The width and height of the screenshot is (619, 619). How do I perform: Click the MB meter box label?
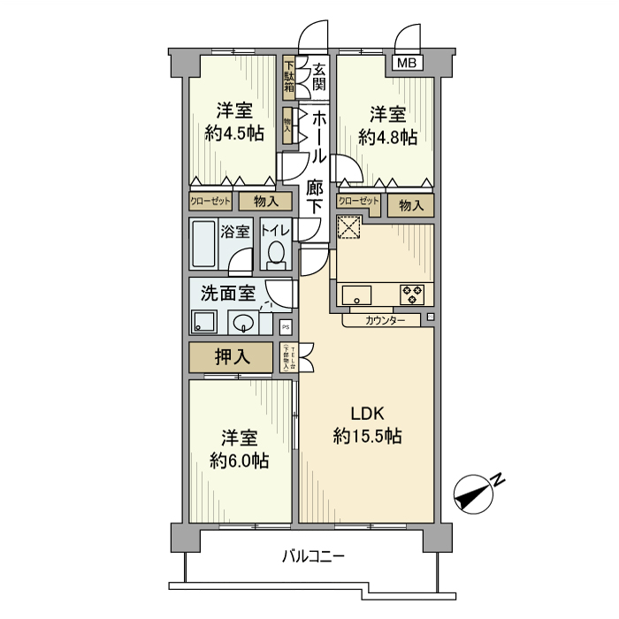(407, 62)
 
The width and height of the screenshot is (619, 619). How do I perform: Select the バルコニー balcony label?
(313, 557)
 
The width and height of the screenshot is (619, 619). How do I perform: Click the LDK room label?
(368, 413)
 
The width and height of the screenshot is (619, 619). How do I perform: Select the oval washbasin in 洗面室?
(241, 323)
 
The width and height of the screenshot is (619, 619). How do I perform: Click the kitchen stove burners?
(413, 294)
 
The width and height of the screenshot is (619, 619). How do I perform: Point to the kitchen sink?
(359, 294)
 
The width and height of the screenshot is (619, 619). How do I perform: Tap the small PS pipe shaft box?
(286, 326)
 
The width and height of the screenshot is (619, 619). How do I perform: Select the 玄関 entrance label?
(319, 77)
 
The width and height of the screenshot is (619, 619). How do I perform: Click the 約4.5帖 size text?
(234, 134)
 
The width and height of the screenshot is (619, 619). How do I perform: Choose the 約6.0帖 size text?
(239, 461)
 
